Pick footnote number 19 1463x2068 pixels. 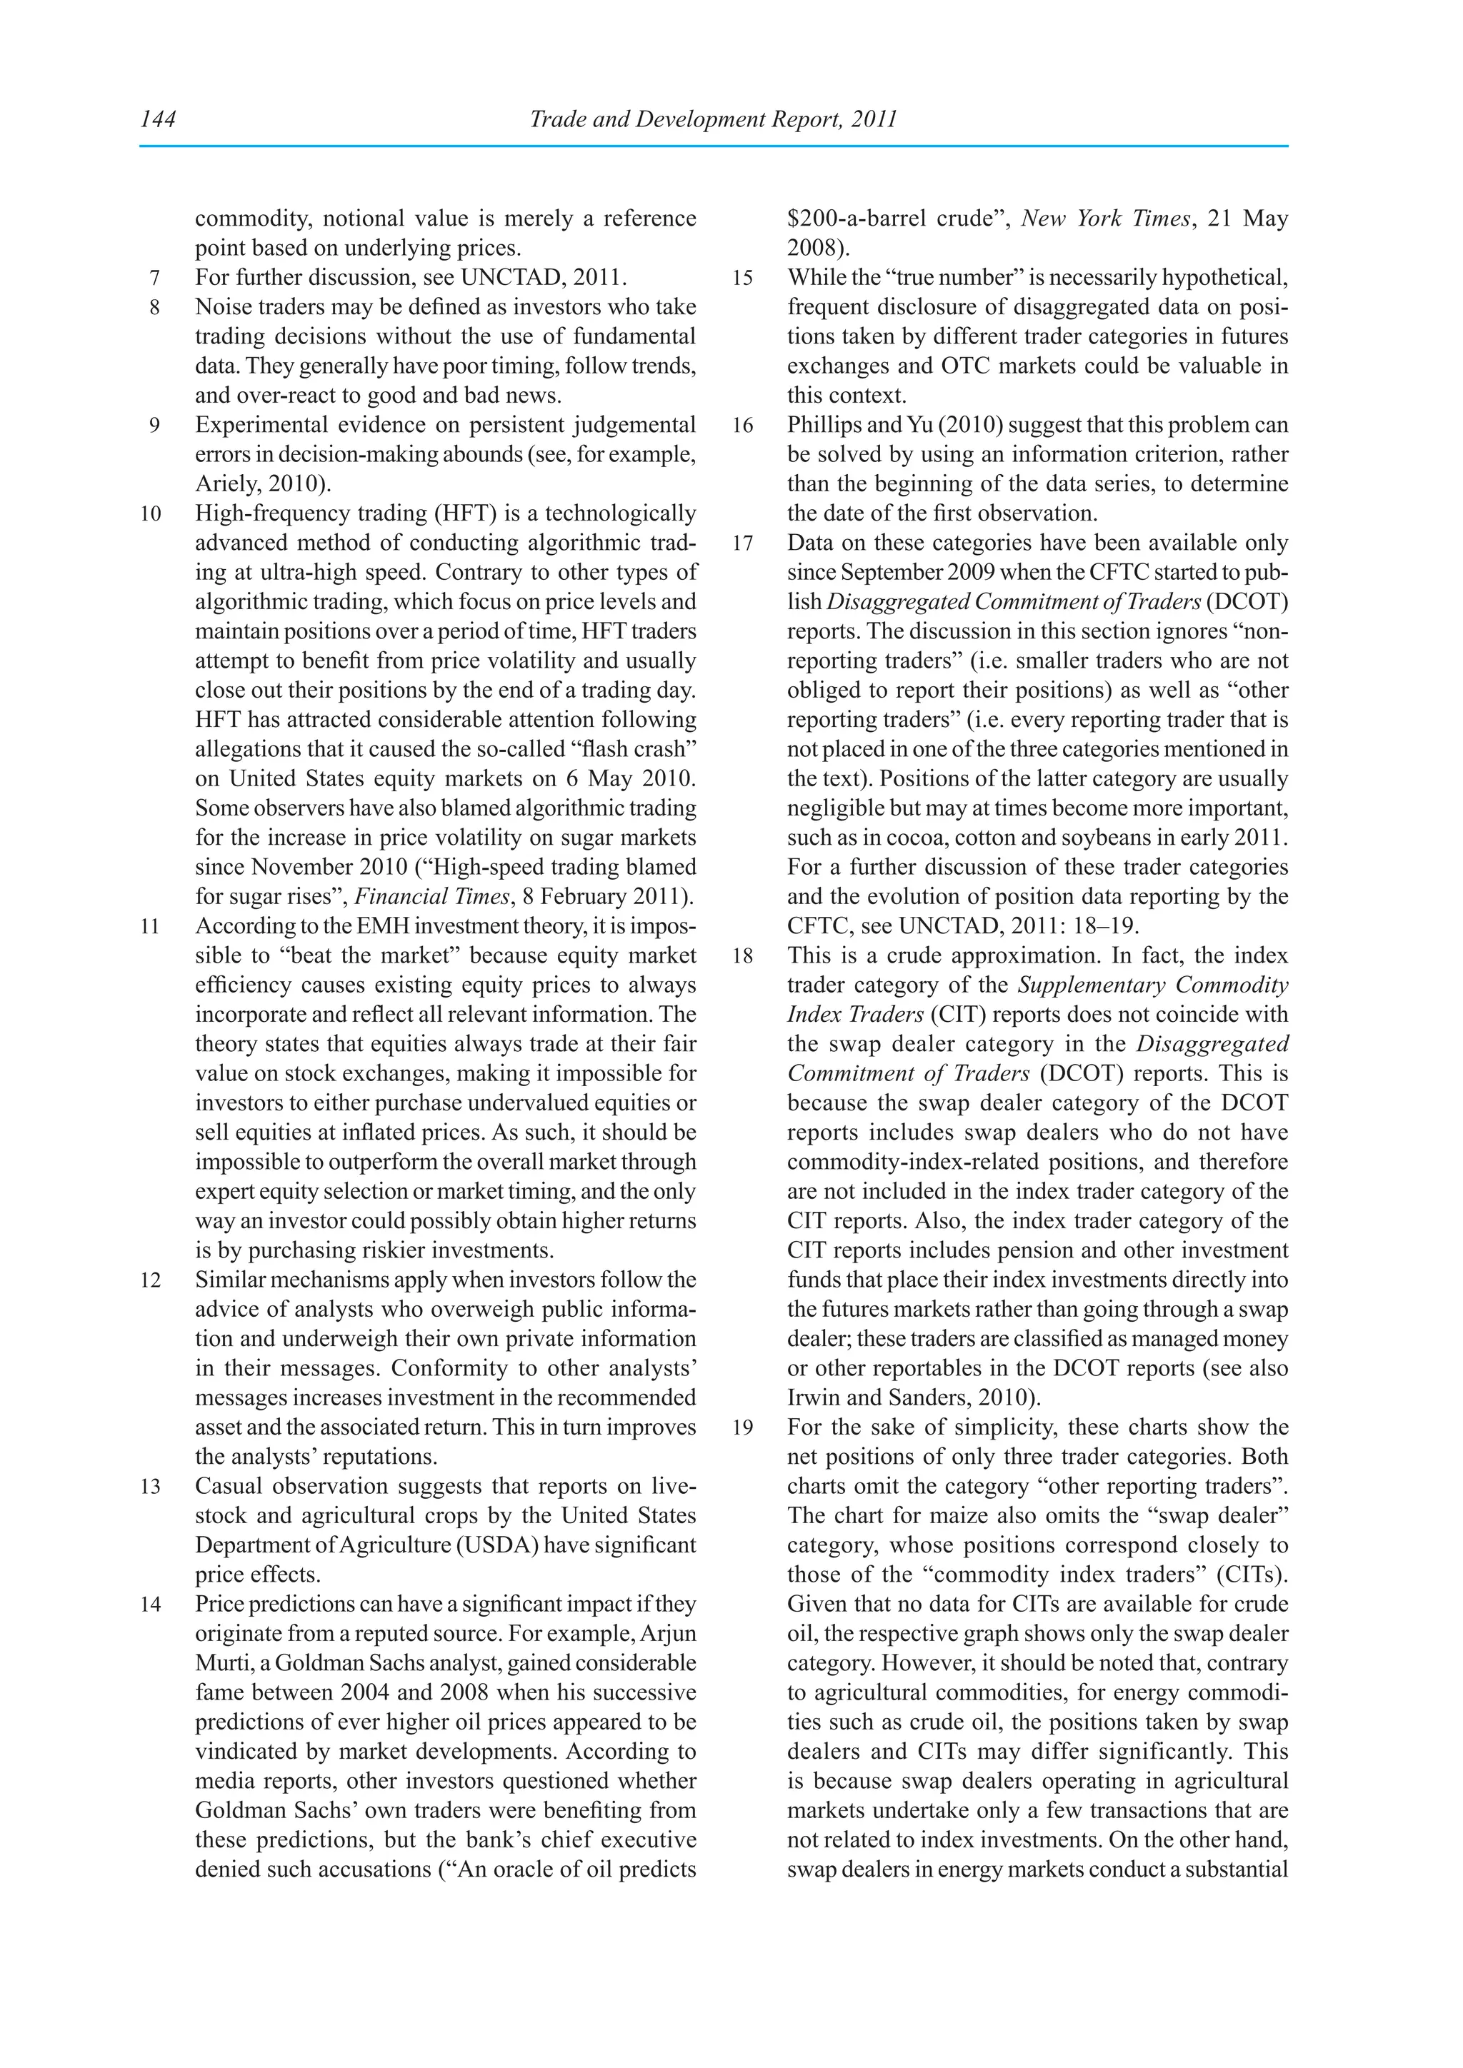pyautogui.click(x=742, y=1428)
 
